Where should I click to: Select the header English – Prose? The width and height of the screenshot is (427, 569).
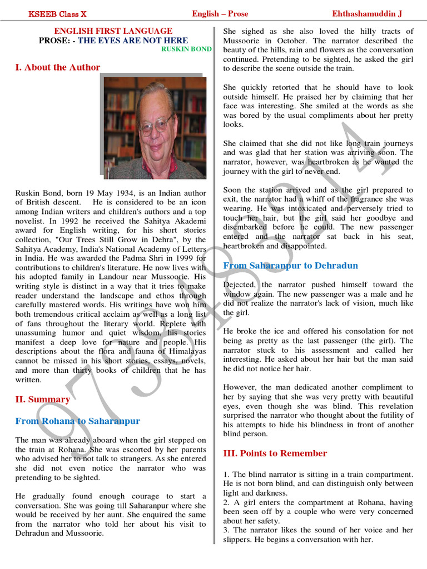220,14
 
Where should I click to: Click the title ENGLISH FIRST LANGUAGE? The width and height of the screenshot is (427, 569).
113,31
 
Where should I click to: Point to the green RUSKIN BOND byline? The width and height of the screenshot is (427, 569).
186,49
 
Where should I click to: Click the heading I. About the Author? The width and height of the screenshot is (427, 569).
58,67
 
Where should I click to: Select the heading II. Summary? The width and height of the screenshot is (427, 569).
42,399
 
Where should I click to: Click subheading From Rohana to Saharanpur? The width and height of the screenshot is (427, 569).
77,421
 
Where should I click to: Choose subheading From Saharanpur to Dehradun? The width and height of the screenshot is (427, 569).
290,266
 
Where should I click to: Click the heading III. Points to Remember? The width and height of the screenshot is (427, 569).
275,453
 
